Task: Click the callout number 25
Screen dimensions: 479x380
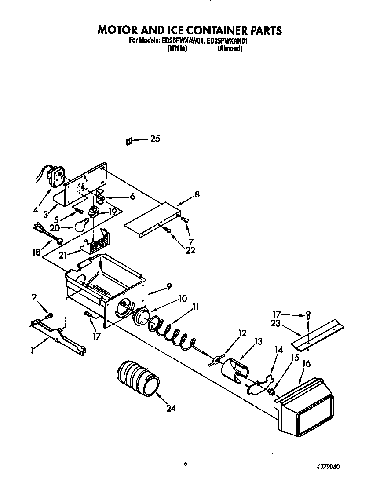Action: tap(155, 139)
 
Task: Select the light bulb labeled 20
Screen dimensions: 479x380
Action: tap(80, 226)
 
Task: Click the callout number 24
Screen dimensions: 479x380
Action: tap(171, 408)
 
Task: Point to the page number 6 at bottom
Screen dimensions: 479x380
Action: tap(186, 463)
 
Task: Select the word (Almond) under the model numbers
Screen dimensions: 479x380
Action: tap(230, 49)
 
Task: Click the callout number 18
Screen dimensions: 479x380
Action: tap(36, 252)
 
